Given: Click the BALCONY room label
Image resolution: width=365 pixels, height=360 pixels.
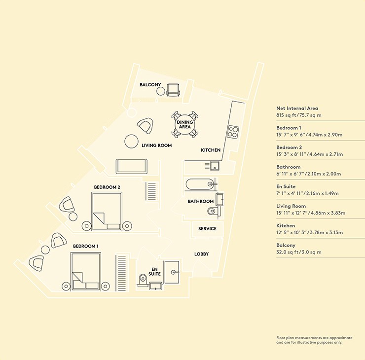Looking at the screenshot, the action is (150, 85).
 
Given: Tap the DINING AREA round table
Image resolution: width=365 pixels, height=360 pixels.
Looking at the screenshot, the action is (185, 124).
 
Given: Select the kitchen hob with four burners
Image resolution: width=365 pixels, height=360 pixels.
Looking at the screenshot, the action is (233, 132).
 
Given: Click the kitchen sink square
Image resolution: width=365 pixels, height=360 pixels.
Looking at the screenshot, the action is (215, 166).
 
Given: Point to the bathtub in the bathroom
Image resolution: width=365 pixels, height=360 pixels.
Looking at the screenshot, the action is (200, 184).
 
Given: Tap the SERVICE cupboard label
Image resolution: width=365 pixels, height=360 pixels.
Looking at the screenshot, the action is (207, 228).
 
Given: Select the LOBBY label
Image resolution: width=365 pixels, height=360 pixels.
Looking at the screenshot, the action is (201, 254).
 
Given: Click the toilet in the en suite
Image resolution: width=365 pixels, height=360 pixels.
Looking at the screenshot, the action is (142, 279).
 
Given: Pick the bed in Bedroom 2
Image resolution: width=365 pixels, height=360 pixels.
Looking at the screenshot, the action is (107, 211).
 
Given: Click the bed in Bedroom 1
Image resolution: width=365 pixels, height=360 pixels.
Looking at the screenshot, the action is (86, 271).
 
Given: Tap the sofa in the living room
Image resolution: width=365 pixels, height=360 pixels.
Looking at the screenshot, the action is (132, 166).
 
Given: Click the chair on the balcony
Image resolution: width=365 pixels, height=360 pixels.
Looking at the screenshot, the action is (173, 90).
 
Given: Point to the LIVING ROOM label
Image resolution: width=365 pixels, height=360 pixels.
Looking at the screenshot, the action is (157, 145).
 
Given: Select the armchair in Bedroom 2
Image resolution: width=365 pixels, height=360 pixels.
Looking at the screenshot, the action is (67, 205).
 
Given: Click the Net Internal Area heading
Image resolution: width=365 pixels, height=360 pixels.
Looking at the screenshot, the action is (297, 108).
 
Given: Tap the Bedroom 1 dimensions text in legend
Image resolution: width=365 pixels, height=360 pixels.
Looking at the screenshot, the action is (309, 135).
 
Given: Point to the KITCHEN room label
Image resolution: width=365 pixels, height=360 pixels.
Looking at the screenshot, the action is (211, 150).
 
